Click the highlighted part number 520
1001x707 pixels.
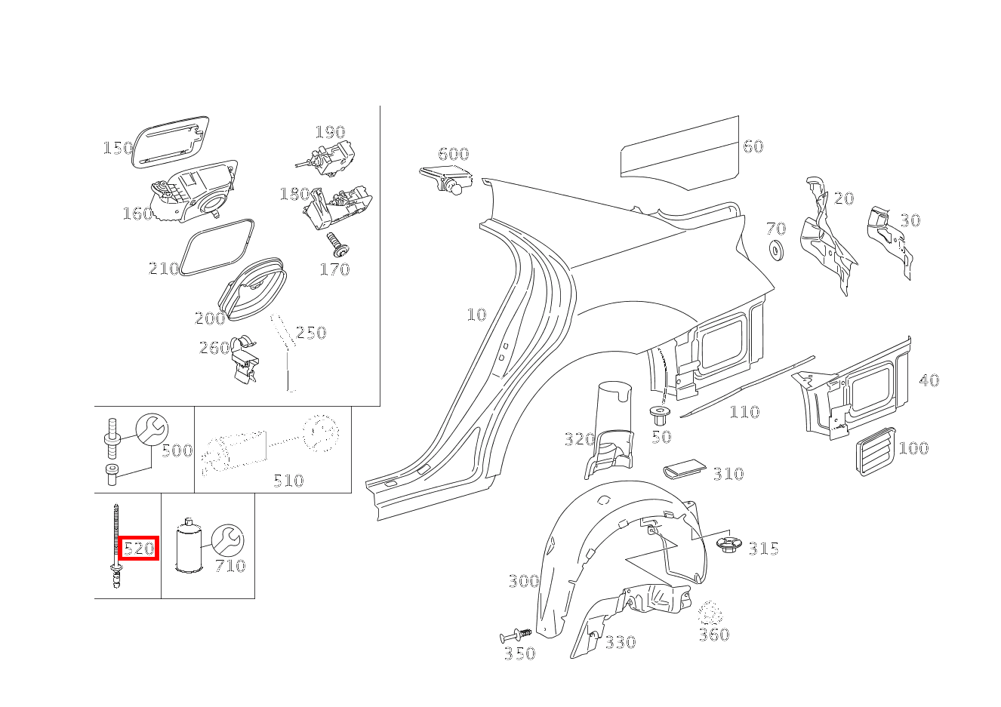[139, 548]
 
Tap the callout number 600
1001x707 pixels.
[454, 154]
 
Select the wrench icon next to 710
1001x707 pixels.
[227, 540]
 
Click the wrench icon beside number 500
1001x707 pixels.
[152, 429]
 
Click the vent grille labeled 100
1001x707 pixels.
[876, 451]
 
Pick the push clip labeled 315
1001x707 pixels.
[729, 546]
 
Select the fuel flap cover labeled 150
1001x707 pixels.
[171, 142]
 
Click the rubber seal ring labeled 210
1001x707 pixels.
[217, 248]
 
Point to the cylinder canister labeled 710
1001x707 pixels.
[188, 546]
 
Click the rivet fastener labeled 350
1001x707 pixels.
[516, 635]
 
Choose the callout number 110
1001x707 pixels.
[744, 412]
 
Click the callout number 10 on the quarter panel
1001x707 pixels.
[476, 315]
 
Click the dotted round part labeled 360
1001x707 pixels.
[710, 613]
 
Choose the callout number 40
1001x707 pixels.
[929, 380]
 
